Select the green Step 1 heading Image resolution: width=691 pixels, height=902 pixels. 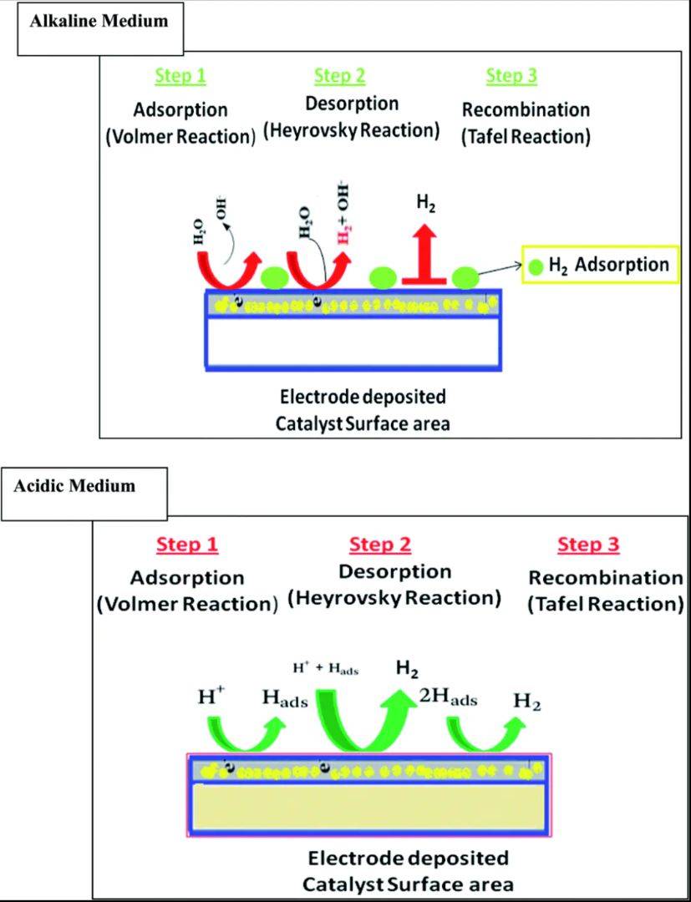point(180,76)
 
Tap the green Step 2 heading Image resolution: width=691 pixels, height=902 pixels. point(339,76)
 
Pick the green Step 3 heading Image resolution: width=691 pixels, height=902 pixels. point(511,76)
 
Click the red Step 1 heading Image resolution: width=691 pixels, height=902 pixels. point(187,545)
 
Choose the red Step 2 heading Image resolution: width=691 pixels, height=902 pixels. point(380,545)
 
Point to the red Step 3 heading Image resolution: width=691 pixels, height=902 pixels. point(589,545)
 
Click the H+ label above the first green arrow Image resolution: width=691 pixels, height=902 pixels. point(210,697)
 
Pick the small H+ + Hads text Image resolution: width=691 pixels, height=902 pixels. point(325,669)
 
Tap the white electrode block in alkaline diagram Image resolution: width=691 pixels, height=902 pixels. point(353,342)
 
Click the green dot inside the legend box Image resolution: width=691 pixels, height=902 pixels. point(535,267)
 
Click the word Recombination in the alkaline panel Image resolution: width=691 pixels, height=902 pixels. point(526,109)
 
